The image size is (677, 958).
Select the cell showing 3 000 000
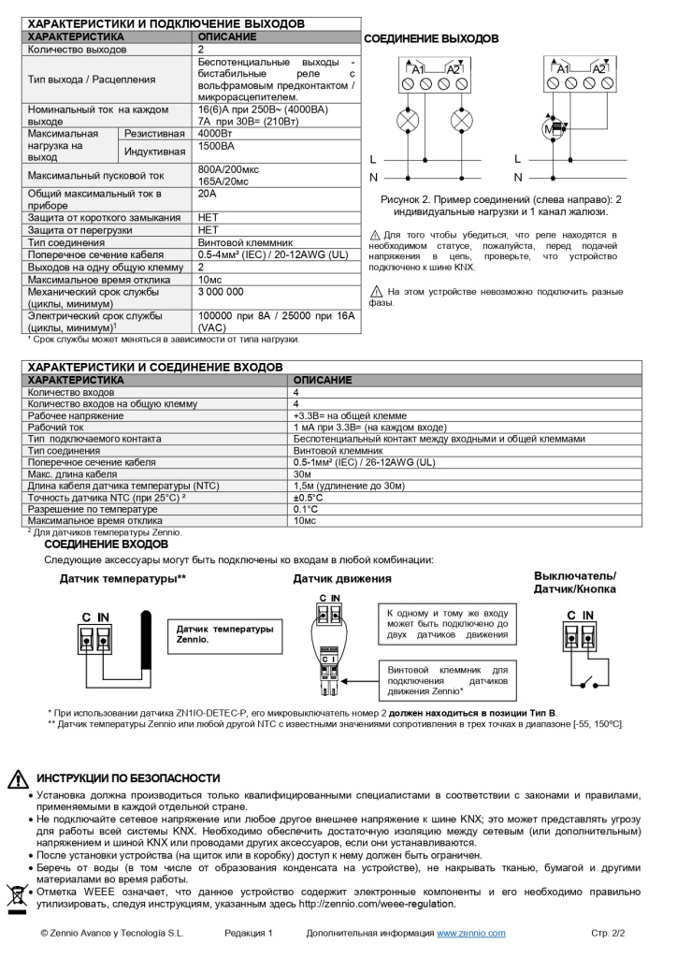(221, 292)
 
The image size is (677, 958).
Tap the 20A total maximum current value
(207, 194)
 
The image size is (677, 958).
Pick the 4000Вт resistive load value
(216, 134)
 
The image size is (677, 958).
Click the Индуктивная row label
(155, 151)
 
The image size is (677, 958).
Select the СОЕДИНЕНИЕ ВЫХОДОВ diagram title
(431, 39)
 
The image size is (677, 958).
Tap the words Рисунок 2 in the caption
(410, 199)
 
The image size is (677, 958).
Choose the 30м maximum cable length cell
(305, 474)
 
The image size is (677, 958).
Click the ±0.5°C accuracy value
(308, 498)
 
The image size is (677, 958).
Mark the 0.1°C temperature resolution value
(306, 509)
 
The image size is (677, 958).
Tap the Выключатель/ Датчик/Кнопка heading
(575, 583)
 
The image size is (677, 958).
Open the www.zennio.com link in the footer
(471, 934)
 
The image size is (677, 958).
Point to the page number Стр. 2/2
(608, 934)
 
